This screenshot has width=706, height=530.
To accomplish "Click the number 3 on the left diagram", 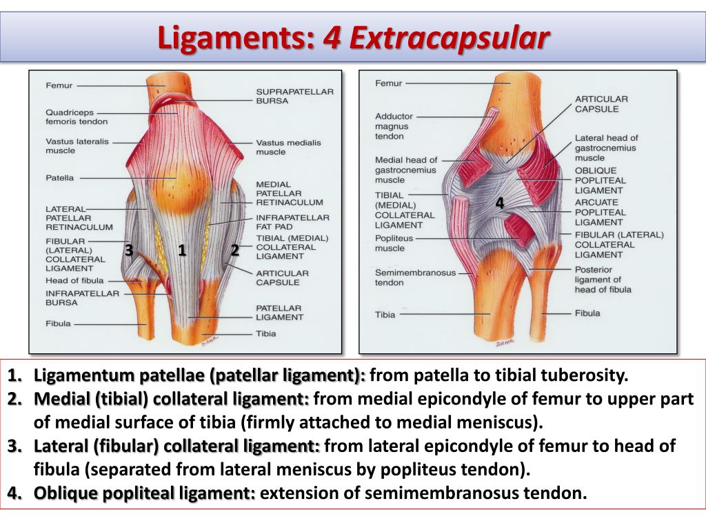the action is coord(128,250).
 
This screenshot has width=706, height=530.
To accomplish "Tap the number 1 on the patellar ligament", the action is coord(182,250).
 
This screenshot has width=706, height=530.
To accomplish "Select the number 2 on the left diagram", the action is coord(234,250).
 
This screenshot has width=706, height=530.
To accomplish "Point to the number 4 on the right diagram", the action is coord(499,204).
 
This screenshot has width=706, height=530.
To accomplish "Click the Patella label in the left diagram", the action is coord(60,177).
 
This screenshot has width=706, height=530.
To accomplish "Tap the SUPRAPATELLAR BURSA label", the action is coord(285,96).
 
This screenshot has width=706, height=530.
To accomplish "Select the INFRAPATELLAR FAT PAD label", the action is coord(283,222).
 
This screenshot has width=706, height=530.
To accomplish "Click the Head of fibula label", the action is coord(74,280).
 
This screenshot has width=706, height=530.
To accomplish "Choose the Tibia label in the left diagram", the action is coord(265,333).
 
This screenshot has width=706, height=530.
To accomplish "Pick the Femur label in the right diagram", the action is coord(388,84).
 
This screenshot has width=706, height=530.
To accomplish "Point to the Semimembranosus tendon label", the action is coord(415,277).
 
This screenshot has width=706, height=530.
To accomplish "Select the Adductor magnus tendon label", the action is coord(392,126).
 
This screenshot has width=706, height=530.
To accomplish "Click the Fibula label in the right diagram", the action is coord(587,313).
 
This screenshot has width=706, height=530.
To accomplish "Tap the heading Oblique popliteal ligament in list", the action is coord(144,493).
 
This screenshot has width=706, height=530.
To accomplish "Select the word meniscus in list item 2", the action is coord(505,422).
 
